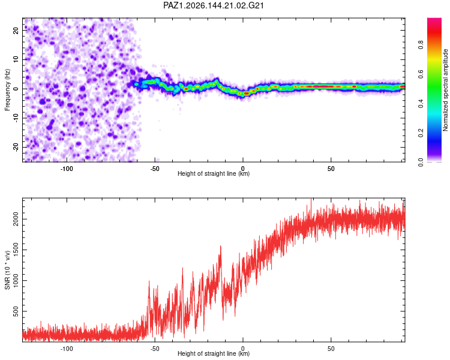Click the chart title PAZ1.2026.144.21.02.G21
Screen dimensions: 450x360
(213, 5)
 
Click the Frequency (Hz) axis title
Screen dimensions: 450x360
(7, 89)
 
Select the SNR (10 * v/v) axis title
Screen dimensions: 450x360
(7, 270)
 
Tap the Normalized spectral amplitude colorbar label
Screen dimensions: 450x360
(445, 90)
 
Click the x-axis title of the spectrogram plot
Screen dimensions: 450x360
(214, 173)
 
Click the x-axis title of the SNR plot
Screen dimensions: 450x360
(214, 353)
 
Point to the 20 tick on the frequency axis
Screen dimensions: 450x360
(16, 30)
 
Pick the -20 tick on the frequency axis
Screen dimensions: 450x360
(16, 147)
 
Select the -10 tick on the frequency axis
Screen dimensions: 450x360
(16, 118)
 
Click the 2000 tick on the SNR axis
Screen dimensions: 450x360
(16, 220)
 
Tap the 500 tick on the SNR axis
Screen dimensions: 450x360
(16, 311)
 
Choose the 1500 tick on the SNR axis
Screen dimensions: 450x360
(16, 250)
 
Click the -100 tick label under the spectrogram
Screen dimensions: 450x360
(67, 169)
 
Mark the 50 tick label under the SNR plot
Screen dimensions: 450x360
(331, 349)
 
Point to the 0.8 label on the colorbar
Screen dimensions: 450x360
(421, 45)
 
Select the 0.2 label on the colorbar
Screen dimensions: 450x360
(421, 133)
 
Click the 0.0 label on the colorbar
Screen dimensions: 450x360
(421, 163)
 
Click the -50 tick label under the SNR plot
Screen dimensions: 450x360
(155, 349)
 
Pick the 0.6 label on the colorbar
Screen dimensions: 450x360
(421, 74)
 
